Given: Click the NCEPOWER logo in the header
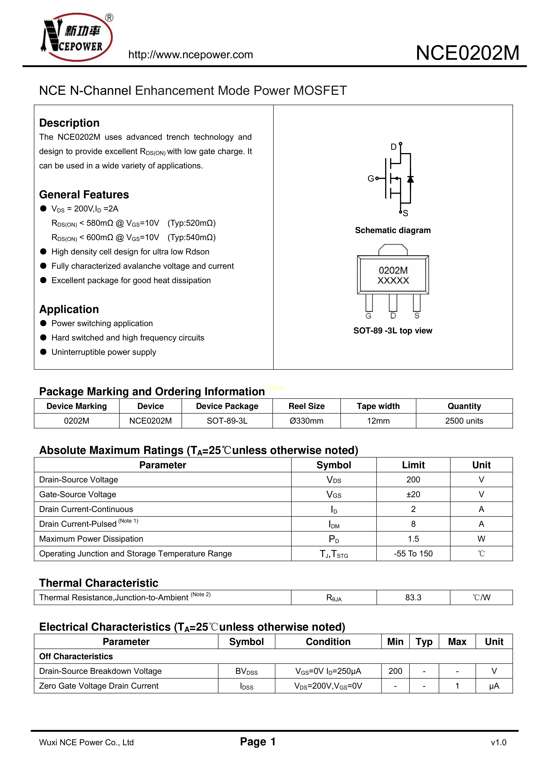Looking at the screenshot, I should pos(77,37).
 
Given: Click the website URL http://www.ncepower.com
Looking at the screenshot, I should pos(190,55).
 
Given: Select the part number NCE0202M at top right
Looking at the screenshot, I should pos(467,53).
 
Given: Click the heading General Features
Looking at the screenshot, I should pos(84,195).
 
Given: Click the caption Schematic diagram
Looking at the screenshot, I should pos(393,230).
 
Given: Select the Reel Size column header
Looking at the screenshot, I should pos(306,406).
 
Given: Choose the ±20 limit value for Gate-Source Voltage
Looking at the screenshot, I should pos(413,494).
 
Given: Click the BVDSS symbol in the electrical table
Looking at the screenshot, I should pos(246,671).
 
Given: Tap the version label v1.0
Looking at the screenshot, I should pos(498,742).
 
